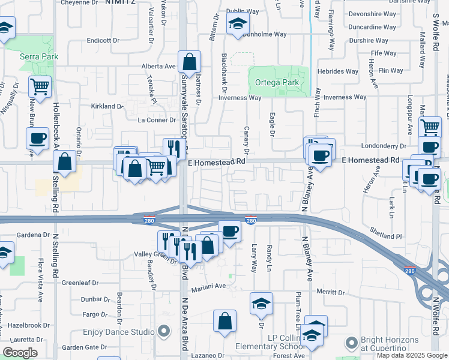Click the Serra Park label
tap(38, 56)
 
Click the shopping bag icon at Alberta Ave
tap(189, 62)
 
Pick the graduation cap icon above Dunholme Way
tap(238, 25)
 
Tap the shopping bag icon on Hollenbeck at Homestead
tap(64, 161)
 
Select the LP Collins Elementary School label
tap(277, 342)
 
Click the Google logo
tap(20, 353)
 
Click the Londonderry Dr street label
tap(384, 146)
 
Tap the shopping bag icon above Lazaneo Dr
tap(224, 320)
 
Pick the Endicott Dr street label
tap(103, 40)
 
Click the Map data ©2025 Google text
tap(412, 355)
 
